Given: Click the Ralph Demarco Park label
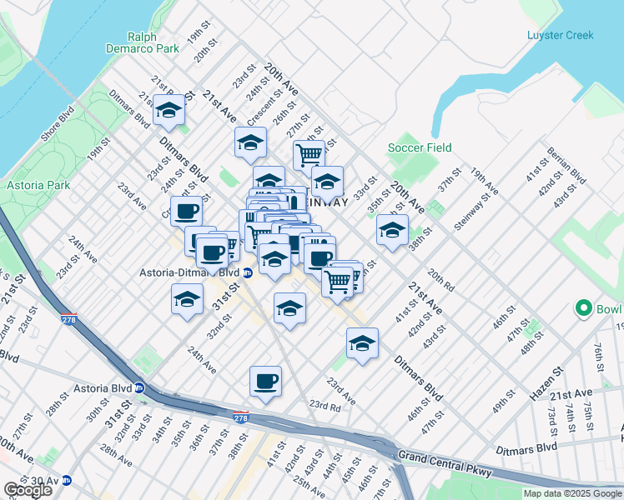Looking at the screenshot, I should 154,42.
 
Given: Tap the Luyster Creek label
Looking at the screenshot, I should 560,35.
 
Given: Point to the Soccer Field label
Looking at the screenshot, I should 420,147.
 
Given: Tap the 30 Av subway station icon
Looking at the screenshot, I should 66,480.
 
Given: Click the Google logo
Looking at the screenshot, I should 28,489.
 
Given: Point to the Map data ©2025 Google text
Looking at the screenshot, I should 571,493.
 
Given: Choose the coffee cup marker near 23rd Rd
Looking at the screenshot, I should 265,382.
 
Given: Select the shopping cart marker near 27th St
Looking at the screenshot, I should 309,154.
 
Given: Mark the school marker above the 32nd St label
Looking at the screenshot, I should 188,299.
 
